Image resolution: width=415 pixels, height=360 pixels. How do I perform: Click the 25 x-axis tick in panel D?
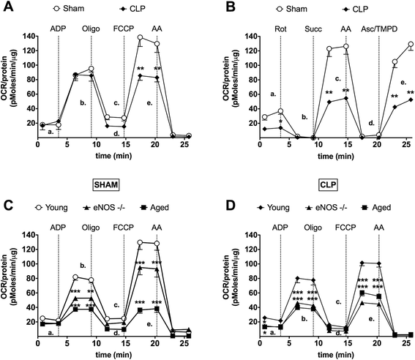[x=405, y=346]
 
